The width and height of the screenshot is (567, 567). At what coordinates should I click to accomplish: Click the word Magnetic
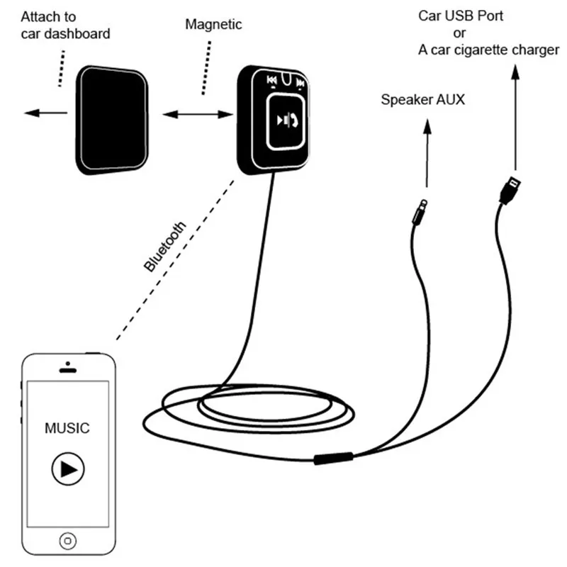coord(213,24)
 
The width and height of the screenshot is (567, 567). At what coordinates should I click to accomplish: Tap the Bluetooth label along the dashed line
coord(165,246)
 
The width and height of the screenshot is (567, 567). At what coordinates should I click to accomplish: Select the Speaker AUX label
coord(422,99)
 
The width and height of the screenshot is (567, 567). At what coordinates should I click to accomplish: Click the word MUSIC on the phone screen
coord(67,428)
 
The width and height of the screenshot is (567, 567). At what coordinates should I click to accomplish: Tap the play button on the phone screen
coord(68,469)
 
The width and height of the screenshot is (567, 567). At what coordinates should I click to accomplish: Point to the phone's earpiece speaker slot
coord(67,370)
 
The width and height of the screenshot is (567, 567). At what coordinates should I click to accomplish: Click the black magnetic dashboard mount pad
coord(112,120)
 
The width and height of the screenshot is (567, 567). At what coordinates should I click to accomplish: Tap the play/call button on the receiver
coord(286,121)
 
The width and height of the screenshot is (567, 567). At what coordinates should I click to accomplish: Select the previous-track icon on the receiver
coord(271,80)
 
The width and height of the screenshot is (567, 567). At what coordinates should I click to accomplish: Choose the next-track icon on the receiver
coord(300,83)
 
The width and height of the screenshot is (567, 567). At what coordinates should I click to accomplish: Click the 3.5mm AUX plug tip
coord(424,203)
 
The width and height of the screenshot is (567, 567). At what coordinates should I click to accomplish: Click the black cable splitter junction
coord(333,458)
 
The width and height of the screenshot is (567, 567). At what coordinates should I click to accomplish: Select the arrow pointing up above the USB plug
coord(516,117)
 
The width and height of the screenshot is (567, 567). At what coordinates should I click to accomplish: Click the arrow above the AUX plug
coord(427,153)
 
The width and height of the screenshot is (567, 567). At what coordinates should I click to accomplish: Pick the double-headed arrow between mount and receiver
coord(198,115)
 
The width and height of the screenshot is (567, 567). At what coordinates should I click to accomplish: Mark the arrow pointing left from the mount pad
coord(45,113)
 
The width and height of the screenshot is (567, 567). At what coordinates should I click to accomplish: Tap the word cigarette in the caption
coord(484,50)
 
